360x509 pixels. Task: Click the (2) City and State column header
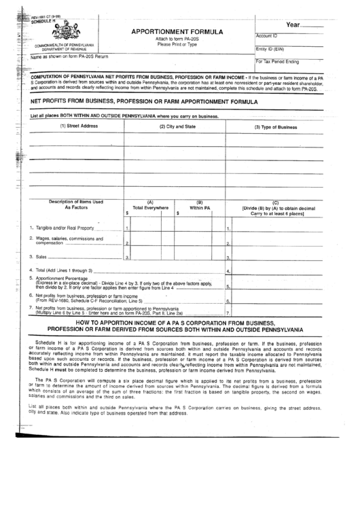177,126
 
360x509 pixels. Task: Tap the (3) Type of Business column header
275,126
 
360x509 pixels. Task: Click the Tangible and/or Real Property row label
61,228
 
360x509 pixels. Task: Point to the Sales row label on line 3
40,257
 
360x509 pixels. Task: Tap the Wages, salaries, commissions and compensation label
65,241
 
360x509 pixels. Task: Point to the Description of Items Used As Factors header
75,204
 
